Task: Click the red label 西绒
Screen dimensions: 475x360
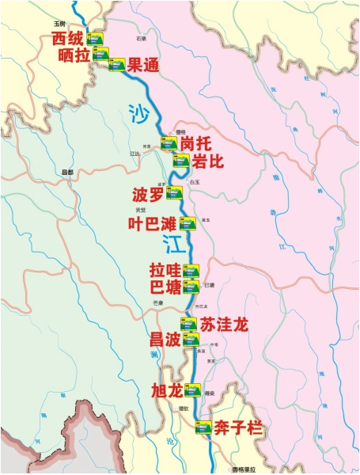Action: pos(68,38)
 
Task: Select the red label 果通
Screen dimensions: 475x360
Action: pos(143,66)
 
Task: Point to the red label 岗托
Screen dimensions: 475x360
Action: pos(198,144)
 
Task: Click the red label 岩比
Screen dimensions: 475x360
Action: pos(209,161)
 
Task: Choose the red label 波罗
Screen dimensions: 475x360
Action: pos(148,194)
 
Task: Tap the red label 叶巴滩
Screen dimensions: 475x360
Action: pos(152,223)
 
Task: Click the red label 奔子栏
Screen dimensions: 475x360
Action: pos(238,431)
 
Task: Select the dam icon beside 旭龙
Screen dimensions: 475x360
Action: pos(193,389)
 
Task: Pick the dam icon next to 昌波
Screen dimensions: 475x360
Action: pos(190,340)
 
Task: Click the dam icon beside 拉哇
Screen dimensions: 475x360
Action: pos(190,270)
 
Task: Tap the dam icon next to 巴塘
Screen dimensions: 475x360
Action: pos(190,286)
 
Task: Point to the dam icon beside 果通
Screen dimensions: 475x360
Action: pos(116,65)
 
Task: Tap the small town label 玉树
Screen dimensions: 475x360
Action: pos(58,25)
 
